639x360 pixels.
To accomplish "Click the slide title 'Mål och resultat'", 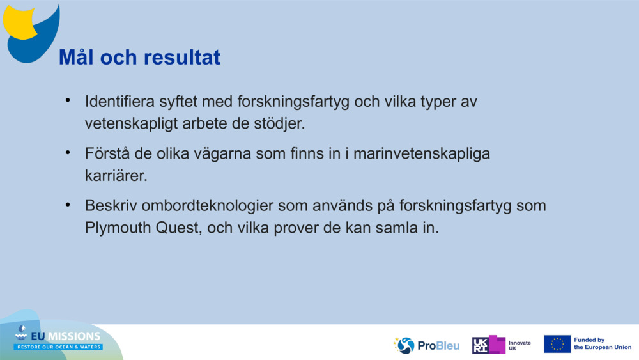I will pos(139,58).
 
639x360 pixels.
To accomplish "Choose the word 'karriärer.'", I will pos(116,176).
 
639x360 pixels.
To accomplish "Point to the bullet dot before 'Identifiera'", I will pos(67,101).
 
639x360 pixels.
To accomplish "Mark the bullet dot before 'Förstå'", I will pos(67,153).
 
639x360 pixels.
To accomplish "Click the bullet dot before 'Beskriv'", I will pos(67,206).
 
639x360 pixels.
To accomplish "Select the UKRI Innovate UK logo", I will pos(501,345).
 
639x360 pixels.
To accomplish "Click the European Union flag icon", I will pos(557,344).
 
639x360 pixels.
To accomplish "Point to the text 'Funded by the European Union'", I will pos(602,344).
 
